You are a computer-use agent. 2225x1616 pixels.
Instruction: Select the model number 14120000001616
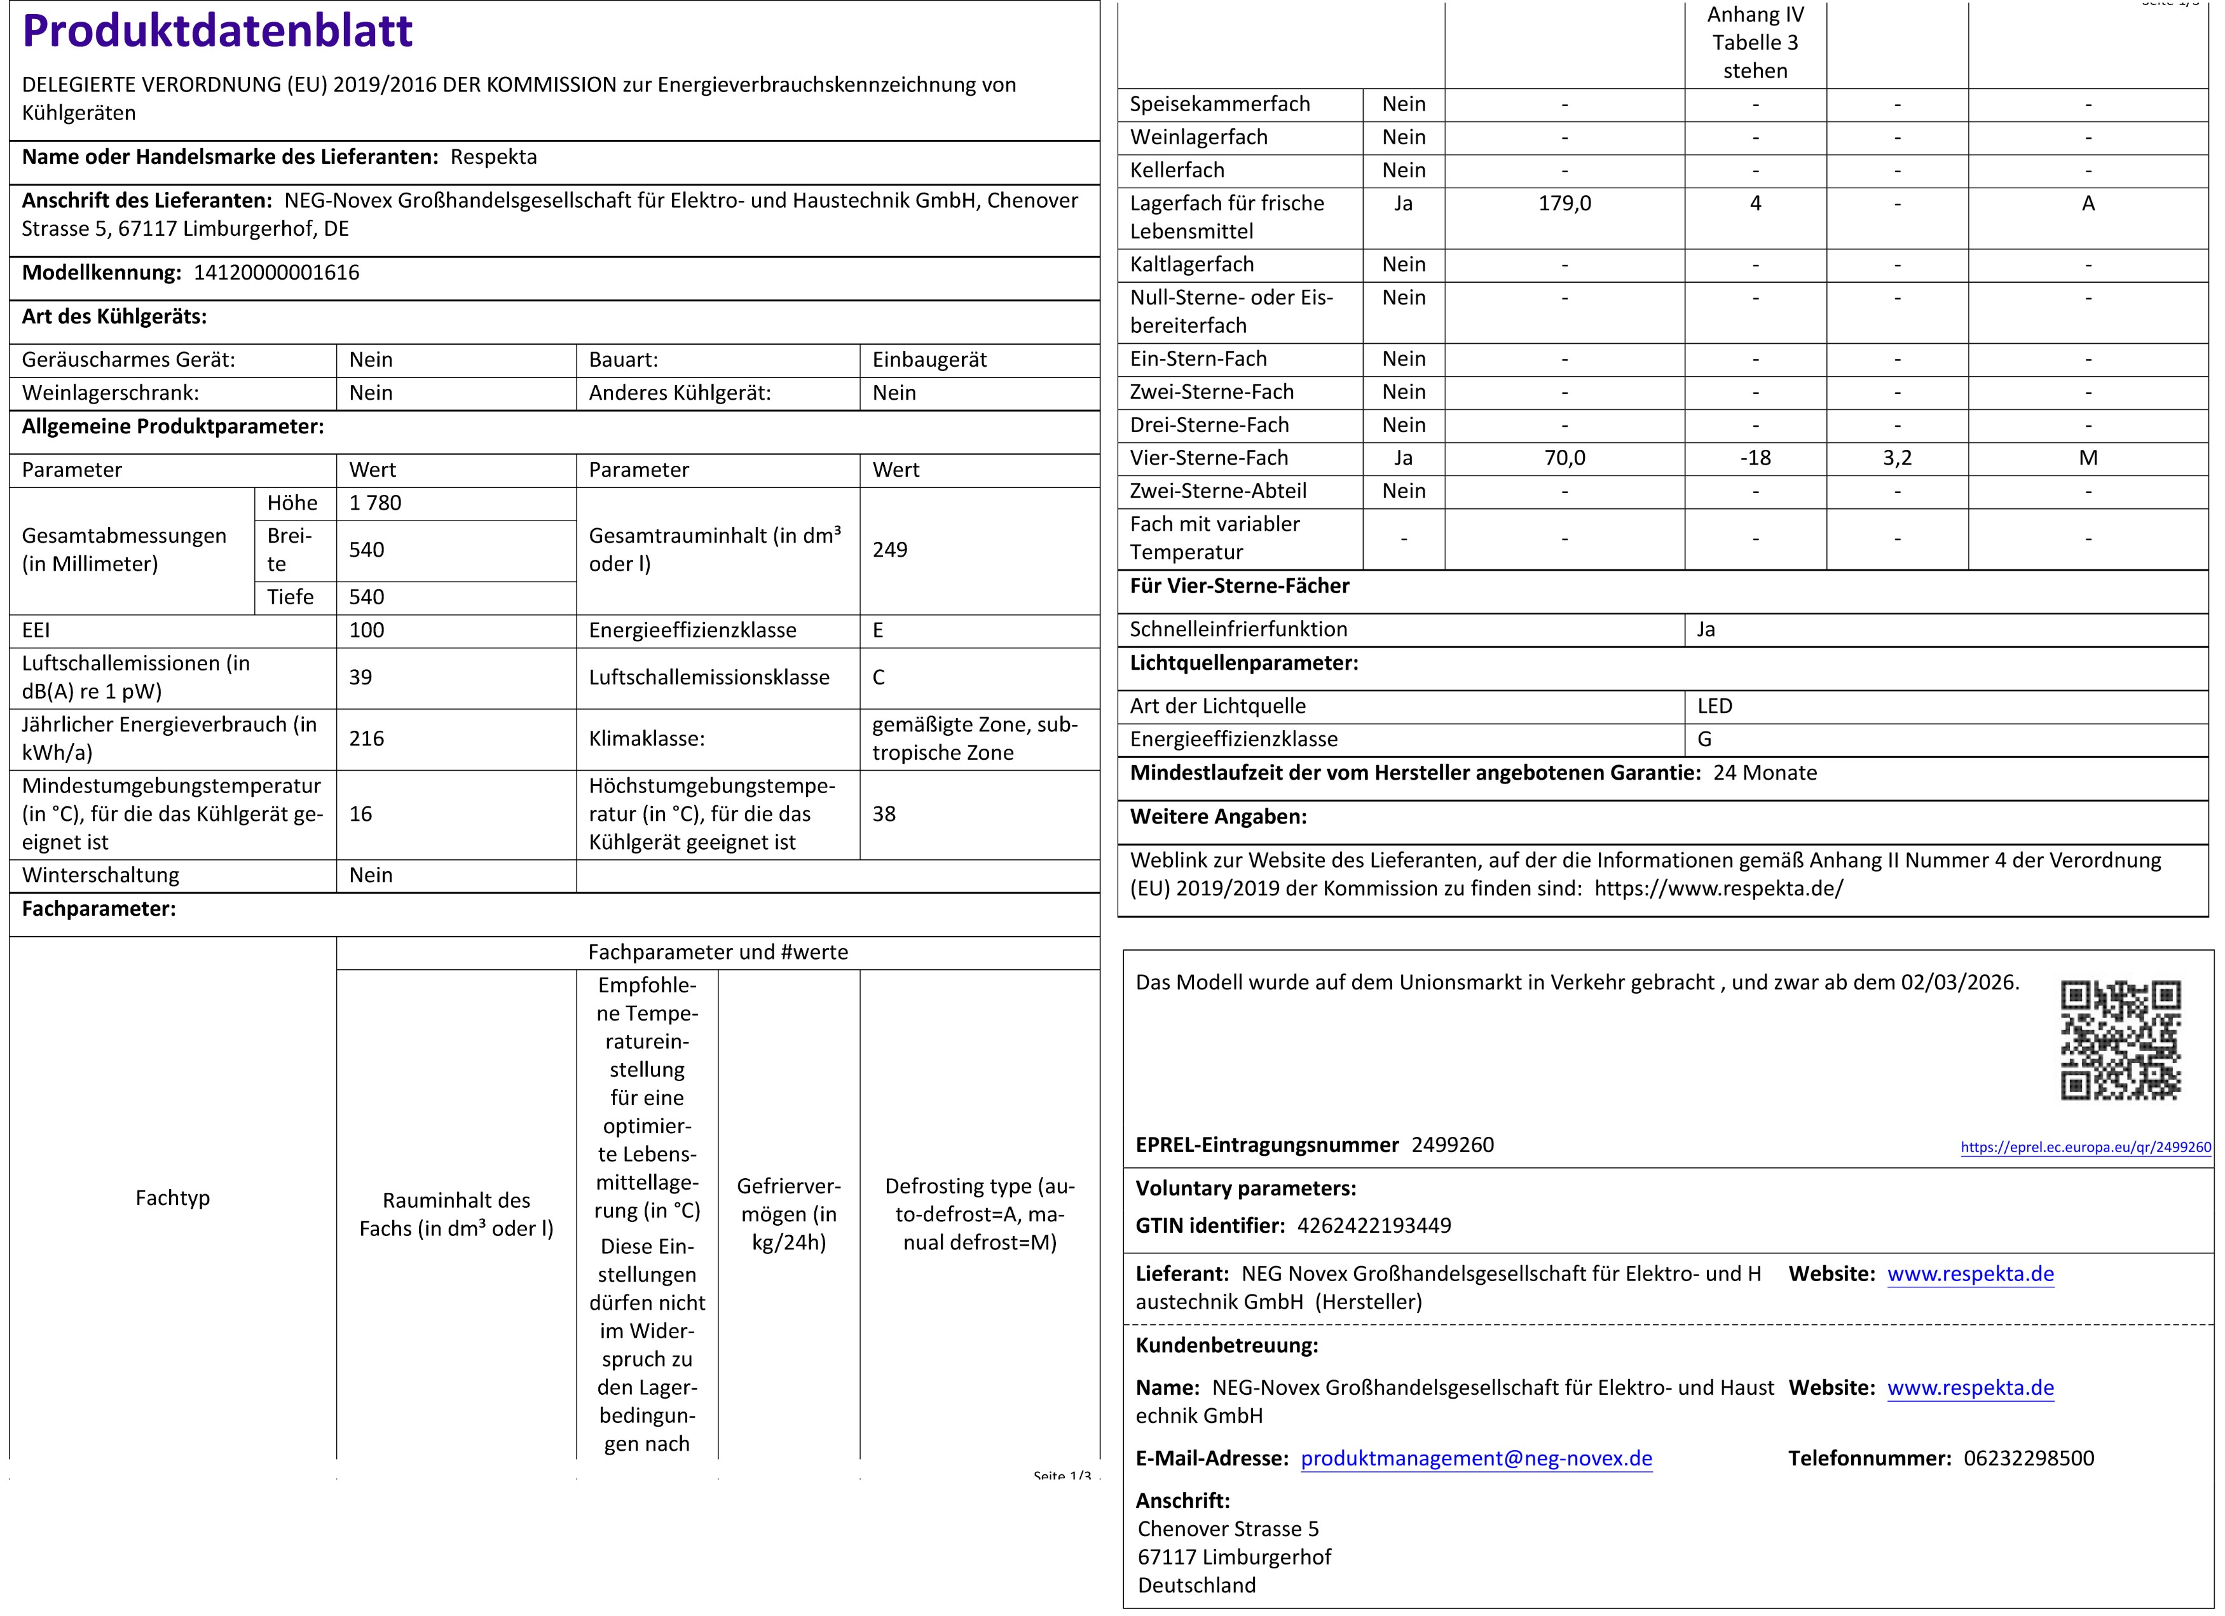tap(277, 273)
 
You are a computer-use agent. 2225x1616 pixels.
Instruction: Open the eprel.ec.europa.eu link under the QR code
tap(2086, 1147)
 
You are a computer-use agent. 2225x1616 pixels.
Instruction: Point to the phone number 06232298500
tap(2029, 1458)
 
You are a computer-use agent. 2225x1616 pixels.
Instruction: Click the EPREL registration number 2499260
tap(1452, 1144)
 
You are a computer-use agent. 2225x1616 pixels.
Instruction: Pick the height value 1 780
tap(375, 503)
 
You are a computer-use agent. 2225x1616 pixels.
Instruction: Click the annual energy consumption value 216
tap(367, 738)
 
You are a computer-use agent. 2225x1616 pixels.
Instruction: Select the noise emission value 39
tap(361, 677)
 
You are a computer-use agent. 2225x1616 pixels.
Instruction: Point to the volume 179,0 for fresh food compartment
tap(1564, 204)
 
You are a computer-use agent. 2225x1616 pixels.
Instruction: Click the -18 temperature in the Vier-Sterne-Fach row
tap(1755, 458)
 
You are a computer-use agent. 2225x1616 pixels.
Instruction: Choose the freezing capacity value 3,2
tap(1898, 458)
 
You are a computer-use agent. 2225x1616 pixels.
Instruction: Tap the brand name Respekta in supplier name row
tap(493, 157)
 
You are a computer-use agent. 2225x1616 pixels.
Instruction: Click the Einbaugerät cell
tap(929, 360)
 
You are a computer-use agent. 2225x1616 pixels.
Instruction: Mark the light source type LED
tap(1715, 706)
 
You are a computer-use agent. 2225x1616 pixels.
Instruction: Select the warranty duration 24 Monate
tap(1765, 773)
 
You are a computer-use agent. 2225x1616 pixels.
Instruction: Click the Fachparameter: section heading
tap(99, 909)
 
